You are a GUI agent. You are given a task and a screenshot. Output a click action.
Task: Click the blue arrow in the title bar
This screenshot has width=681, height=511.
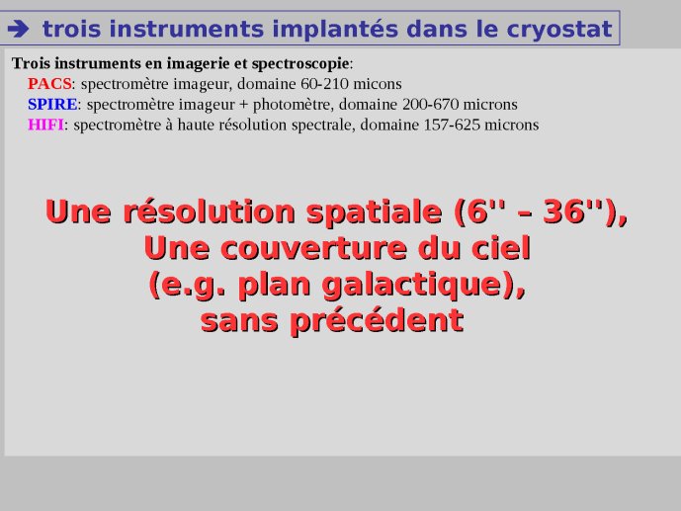[18, 29]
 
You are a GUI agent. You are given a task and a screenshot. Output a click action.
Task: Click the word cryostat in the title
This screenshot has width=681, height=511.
[559, 30]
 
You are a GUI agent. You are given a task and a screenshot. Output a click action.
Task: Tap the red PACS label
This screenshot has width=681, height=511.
[49, 83]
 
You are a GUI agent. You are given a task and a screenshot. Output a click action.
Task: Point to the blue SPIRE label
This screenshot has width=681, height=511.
[52, 104]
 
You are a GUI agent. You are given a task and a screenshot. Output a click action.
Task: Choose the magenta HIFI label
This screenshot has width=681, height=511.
[45, 125]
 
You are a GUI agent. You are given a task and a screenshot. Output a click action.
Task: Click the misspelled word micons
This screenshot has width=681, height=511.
[378, 83]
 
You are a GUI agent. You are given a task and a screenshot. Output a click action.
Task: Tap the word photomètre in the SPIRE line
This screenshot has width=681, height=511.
[294, 105]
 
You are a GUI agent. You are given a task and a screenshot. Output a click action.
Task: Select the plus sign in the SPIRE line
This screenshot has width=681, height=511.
[244, 105]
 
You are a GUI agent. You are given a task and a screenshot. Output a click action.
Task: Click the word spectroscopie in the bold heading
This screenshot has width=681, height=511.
[300, 64]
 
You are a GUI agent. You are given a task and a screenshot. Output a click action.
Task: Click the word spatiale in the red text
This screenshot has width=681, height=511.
[375, 213]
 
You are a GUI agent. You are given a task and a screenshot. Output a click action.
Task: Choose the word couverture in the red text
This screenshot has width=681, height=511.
[315, 249]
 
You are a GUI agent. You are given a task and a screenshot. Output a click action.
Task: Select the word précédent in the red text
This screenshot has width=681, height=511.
[377, 321]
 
